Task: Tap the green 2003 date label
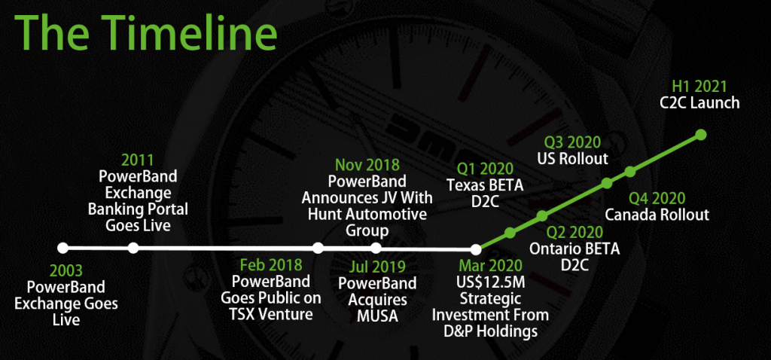[66, 271]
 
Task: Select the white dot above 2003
[62, 248]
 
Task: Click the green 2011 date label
[138, 160]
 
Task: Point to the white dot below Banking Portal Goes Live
[133, 248]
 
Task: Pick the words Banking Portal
[138, 209]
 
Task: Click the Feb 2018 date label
[271, 266]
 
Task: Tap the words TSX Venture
[271, 314]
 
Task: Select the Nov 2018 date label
[367, 164]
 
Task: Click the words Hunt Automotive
[367, 214]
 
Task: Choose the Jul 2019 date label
[378, 267]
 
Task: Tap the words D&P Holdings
[490, 331]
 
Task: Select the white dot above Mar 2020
[476, 249]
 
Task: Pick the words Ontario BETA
[574, 249]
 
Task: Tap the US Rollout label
[572, 159]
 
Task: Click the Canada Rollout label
[657, 215]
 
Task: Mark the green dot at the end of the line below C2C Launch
[701, 135]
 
